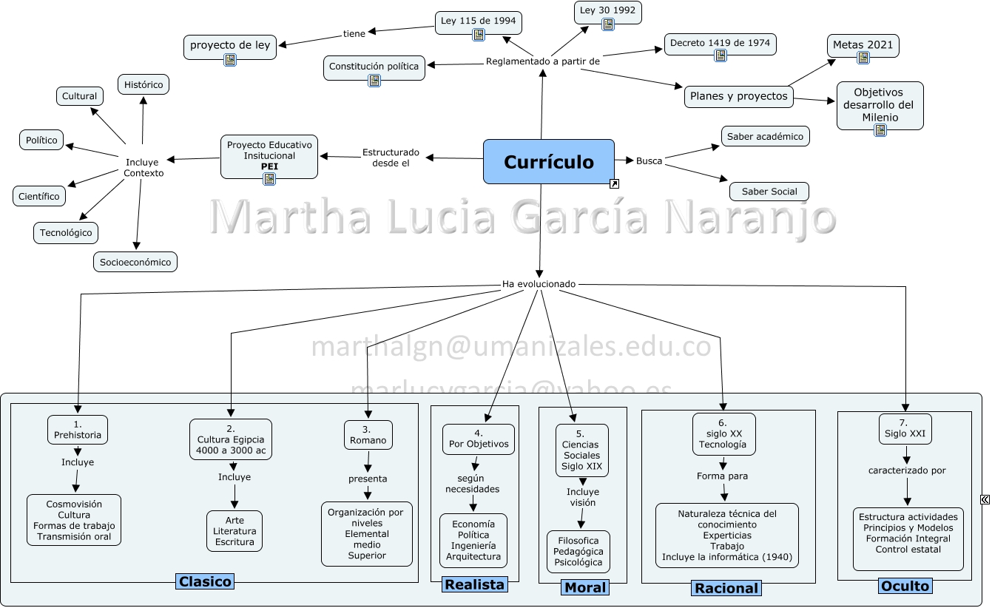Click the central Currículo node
coord(548,161)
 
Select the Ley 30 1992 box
coord(607,11)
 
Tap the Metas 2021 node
coord(863,44)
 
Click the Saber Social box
coord(769,192)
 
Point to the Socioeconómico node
coord(135,262)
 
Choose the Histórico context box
coord(144,84)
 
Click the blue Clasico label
coord(205,581)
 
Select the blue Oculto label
coord(905,586)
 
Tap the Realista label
coord(474,584)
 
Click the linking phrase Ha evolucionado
coord(539,284)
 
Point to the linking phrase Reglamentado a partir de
coord(542,61)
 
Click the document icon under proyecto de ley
coord(230,60)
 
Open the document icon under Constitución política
coord(374,81)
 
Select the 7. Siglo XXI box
coord(905,428)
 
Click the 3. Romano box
coord(368,435)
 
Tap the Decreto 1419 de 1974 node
coord(720,44)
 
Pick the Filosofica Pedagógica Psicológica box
coord(578,551)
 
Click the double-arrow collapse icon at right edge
coord(985,500)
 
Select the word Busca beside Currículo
coord(649,161)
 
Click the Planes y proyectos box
coord(738,96)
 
